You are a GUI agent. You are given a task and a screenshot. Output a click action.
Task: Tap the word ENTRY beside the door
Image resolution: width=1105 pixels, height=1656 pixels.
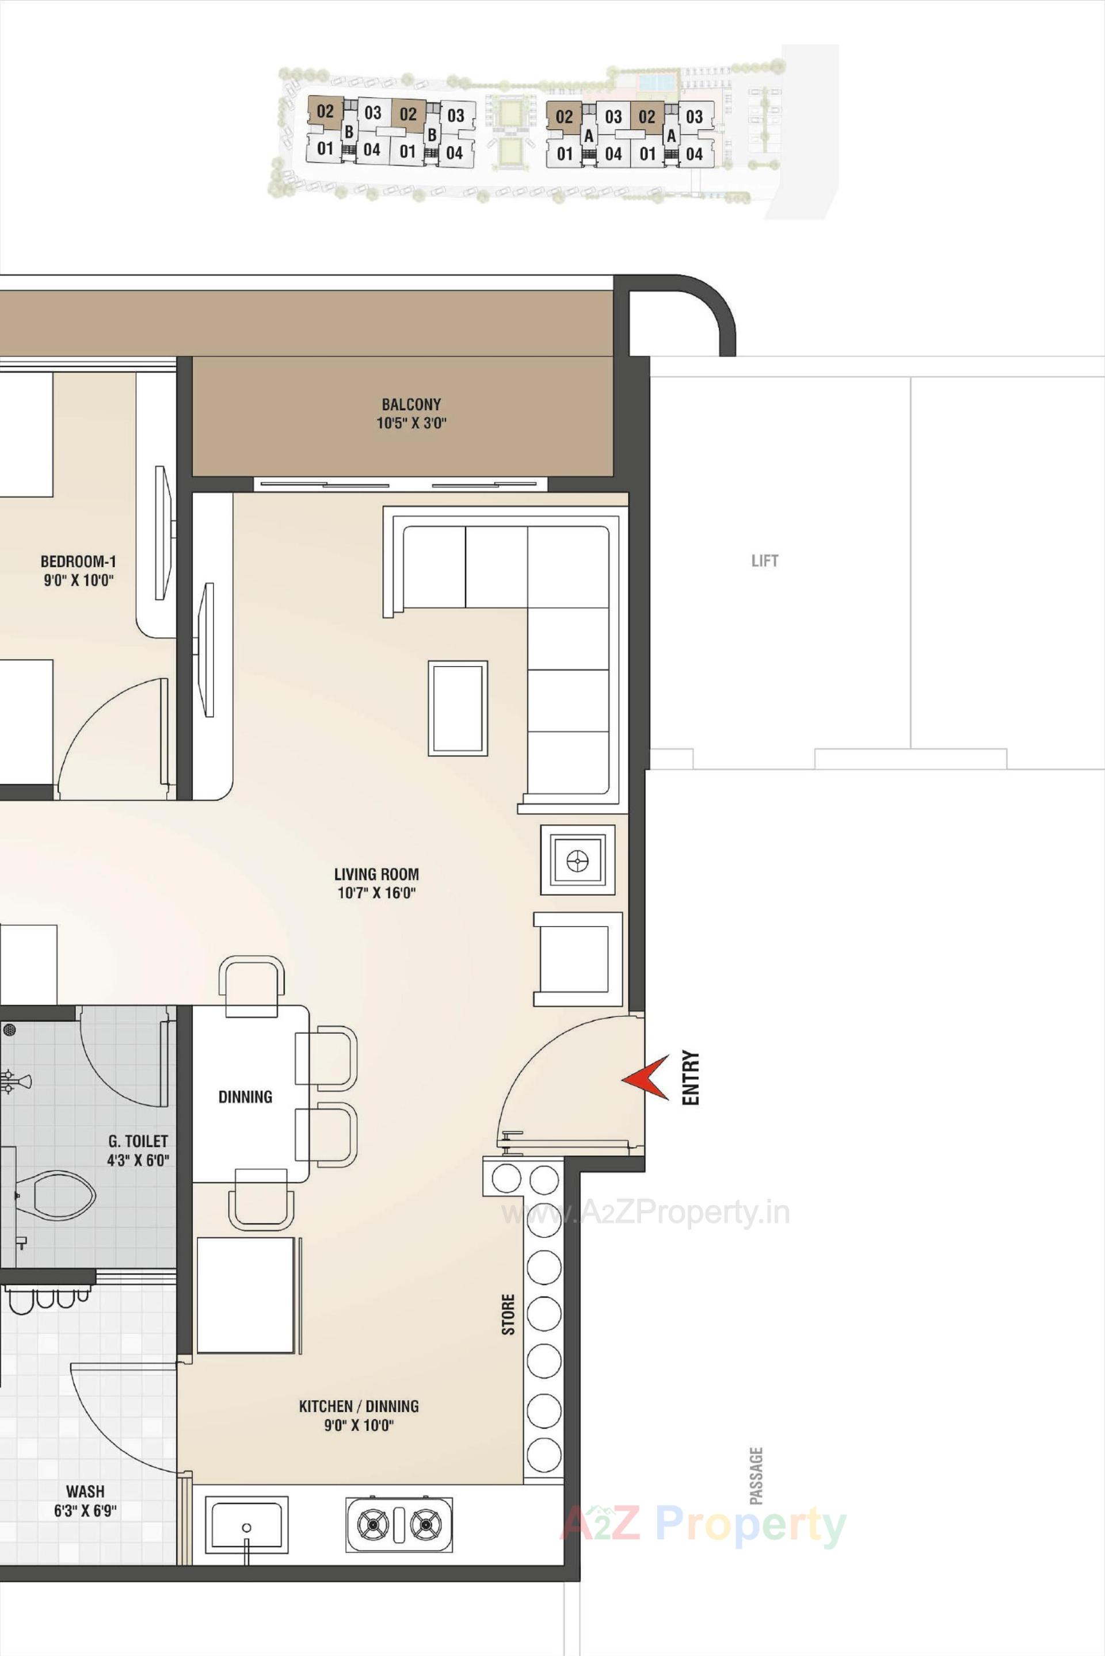coord(691,1078)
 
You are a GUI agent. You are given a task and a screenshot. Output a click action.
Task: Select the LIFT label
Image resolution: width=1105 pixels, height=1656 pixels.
coord(765,561)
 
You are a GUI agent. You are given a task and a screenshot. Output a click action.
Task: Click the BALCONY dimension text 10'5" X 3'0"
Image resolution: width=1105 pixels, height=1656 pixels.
coord(411,423)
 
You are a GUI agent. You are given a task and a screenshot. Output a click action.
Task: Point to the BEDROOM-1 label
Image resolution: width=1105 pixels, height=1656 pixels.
coord(78,561)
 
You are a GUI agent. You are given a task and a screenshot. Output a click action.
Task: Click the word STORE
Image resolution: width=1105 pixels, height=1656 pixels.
coord(508,1314)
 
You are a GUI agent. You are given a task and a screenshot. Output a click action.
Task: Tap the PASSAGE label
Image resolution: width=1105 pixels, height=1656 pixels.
coord(756,1476)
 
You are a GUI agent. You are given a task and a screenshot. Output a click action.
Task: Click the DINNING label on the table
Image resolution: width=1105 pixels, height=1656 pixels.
coord(245,1097)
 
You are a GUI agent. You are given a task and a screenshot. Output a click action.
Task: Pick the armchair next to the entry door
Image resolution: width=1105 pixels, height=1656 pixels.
coord(578,959)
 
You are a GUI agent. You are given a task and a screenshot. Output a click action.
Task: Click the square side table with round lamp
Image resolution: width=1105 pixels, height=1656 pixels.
coord(578,859)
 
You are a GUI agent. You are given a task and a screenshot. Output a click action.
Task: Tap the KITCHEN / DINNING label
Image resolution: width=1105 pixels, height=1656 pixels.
coord(359,1406)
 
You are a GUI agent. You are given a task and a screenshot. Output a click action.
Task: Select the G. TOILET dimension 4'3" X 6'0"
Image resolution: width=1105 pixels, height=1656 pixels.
coord(138,1160)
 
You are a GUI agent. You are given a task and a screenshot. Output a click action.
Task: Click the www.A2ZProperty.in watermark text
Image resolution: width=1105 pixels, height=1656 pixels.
coord(645,1213)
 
